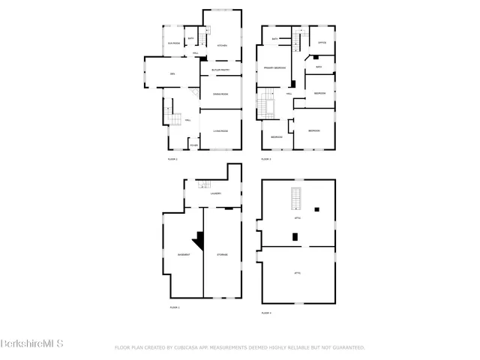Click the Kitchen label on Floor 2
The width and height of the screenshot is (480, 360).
(x=222, y=46)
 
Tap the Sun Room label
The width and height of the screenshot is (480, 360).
(x=173, y=43)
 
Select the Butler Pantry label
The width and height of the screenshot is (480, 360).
(x=220, y=70)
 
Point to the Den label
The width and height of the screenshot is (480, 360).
(x=172, y=73)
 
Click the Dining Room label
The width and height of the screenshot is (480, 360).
(x=220, y=94)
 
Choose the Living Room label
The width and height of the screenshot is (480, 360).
(x=220, y=131)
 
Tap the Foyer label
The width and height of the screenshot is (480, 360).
(x=193, y=145)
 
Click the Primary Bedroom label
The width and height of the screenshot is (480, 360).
(x=275, y=67)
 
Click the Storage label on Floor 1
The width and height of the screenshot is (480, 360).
(x=223, y=255)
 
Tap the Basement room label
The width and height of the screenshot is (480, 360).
(x=184, y=255)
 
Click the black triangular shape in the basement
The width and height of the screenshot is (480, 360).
(x=199, y=240)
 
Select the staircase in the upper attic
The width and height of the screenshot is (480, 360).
(x=296, y=199)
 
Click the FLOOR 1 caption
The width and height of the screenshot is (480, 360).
(x=175, y=307)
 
